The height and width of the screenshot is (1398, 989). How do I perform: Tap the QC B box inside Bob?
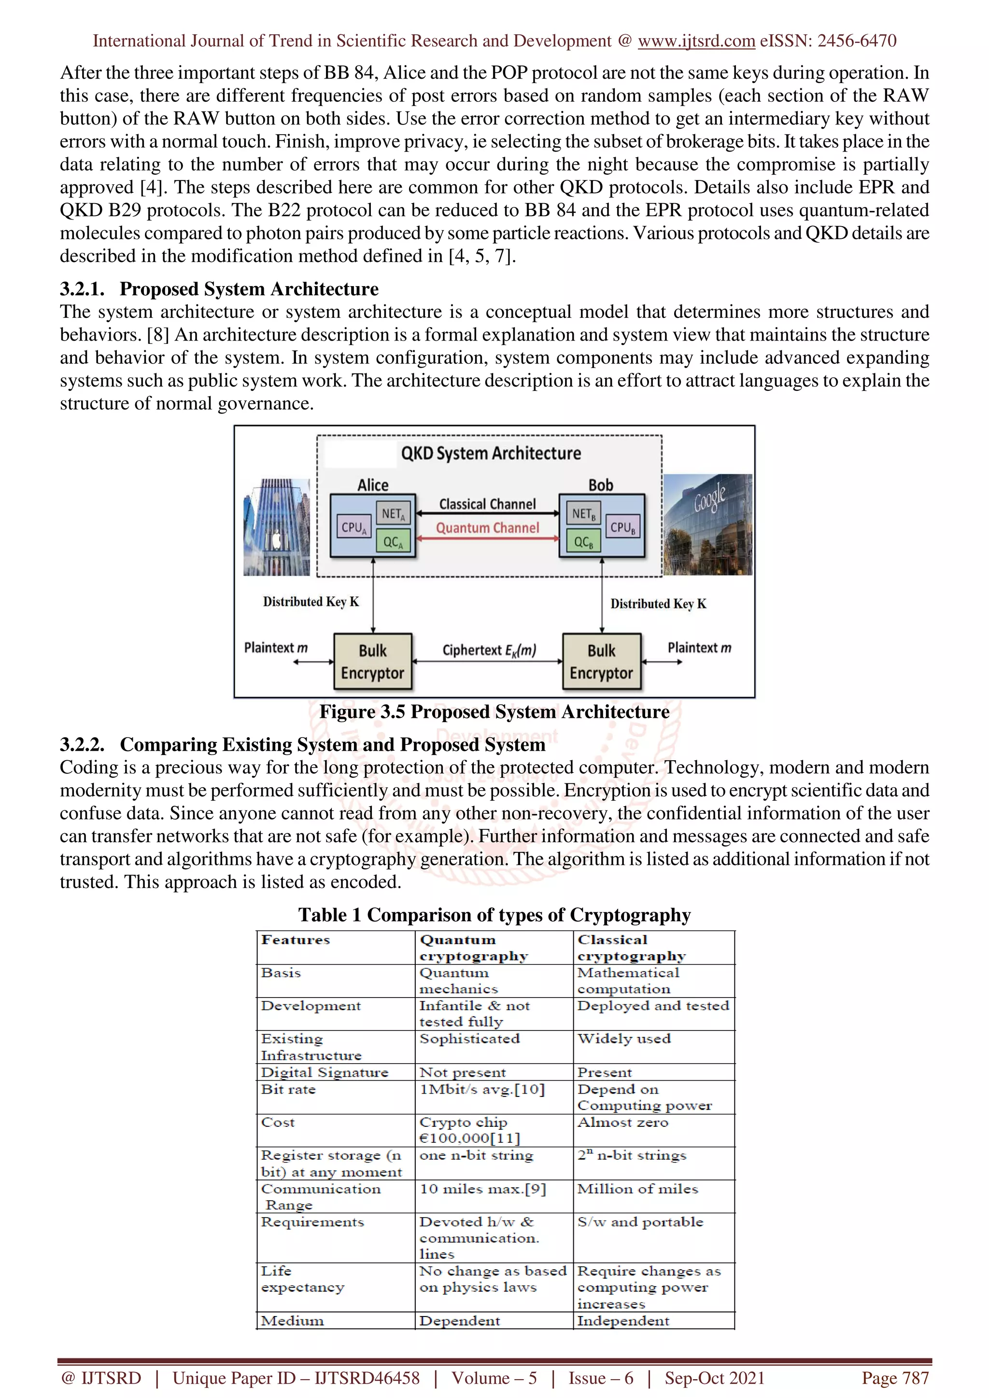583,541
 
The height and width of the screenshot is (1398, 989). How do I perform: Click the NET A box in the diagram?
393,514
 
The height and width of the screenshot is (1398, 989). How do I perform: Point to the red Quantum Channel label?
487,528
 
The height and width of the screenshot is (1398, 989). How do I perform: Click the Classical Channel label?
487,504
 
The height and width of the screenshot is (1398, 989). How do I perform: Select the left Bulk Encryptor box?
372,662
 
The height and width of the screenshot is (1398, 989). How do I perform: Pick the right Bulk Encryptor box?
601,662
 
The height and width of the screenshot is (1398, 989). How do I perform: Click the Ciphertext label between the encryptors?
489,650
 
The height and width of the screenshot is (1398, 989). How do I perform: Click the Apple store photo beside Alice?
277,527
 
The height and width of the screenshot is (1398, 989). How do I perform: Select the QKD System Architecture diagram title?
491,453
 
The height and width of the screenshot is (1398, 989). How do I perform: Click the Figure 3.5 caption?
494,712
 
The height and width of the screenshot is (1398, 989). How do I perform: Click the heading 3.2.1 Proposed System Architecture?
219,288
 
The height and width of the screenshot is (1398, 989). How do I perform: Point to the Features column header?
296,940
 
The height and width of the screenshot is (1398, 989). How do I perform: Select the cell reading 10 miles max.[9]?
482,1189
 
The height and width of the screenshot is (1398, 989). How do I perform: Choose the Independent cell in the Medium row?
623,1321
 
